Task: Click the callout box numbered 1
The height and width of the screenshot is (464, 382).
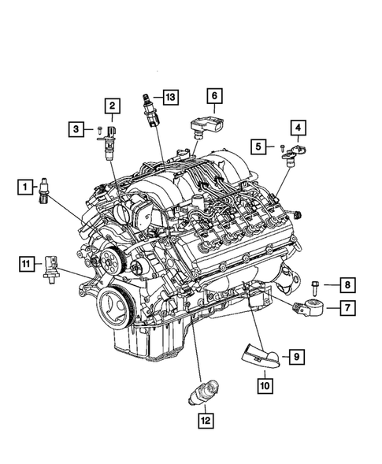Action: click(x=25, y=187)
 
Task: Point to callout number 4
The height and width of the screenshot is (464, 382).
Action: click(x=298, y=127)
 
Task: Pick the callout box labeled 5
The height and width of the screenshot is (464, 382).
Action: click(x=258, y=145)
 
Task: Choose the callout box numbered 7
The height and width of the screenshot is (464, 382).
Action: click(x=347, y=308)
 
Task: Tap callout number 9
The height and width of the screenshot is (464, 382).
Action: click(x=296, y=358)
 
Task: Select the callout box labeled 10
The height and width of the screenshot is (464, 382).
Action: click(x=264, y=384)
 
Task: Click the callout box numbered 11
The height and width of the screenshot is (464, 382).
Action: click(x=25, y=263)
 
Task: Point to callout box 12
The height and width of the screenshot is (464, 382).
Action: click(x=206, y=421)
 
